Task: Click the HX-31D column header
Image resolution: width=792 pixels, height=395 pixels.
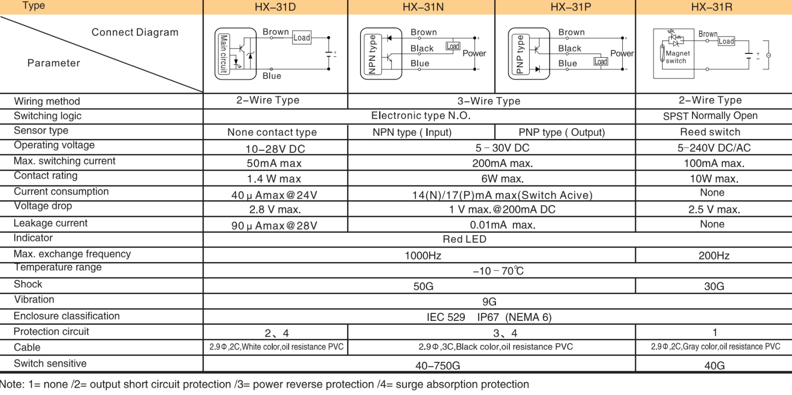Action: point(275,7)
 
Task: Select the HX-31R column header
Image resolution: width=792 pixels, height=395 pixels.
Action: point(712,7)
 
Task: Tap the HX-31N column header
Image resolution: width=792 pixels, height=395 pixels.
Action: point(423,7)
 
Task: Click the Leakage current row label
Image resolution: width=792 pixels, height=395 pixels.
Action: point(50,223)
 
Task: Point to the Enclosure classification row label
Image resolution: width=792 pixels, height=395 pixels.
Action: point(66,316)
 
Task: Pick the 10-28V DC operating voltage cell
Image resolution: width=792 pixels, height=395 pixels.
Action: point(275,149)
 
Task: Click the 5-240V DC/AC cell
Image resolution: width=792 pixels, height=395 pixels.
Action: point(714,148)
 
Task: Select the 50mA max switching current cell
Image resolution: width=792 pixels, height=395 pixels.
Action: point(274,164)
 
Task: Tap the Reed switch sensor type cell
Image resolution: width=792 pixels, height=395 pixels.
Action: point(710,132)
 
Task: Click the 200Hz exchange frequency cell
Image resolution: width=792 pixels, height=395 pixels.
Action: point(714,256)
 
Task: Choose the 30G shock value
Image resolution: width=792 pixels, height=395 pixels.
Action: point(714,286)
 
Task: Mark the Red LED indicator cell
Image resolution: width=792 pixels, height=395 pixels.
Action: point(464,239)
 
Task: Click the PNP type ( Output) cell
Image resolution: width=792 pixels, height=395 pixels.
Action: point(562,132)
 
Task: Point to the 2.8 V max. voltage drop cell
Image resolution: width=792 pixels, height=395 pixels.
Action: point(275,210)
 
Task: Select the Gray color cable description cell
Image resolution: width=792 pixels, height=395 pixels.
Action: point(715,347)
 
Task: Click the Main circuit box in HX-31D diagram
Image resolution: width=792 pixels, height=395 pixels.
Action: point(224,53)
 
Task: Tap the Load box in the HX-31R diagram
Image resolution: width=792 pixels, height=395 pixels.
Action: point(726,41)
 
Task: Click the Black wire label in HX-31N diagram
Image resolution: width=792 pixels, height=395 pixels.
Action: point(422,48)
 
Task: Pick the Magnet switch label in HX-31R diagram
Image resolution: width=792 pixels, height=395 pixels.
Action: point(677,57)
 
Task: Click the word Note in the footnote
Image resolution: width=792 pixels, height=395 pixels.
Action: point(11,385)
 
